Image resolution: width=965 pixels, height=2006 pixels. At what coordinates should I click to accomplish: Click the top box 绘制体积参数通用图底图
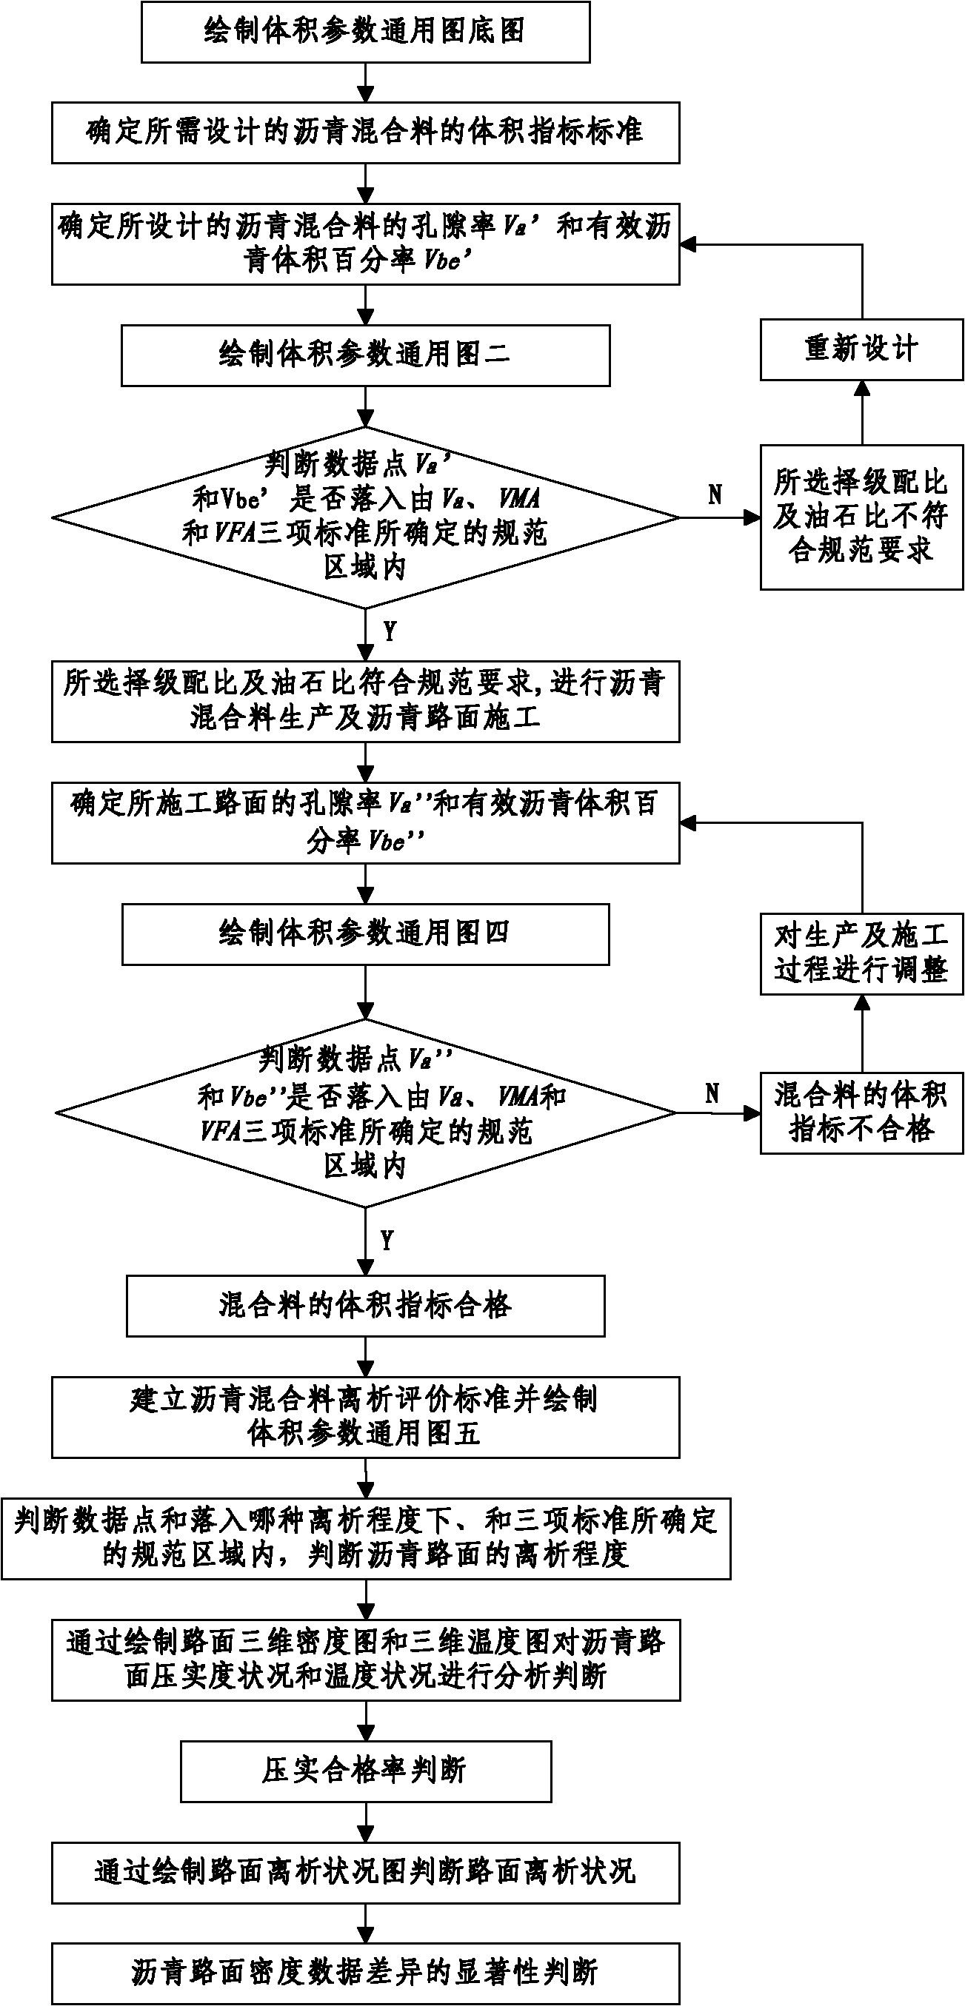365,32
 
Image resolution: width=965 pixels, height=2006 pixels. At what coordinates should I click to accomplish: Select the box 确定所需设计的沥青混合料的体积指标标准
365,132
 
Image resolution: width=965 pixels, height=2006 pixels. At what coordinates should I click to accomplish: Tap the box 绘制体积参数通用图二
365,356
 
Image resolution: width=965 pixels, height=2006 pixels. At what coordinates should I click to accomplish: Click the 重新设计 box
861,349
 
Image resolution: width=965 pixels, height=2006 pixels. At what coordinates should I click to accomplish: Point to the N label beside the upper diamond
715,495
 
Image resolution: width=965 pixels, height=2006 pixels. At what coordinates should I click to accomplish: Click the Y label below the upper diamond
390,631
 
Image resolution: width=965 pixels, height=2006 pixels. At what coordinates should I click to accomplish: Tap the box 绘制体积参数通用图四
365,933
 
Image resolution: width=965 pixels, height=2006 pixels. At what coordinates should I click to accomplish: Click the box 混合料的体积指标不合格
861,1113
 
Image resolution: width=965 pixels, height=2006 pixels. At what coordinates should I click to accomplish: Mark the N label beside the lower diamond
712,1094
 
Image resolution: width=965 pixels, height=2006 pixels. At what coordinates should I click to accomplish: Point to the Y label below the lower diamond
387,1241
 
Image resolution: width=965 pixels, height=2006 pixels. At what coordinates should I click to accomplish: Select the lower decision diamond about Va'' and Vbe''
365,1113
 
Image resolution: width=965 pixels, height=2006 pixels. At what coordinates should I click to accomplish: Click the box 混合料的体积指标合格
365,1306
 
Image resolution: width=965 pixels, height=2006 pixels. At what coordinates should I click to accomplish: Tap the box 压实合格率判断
365,1771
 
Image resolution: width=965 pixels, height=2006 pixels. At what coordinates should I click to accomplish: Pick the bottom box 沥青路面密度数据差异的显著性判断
365,1973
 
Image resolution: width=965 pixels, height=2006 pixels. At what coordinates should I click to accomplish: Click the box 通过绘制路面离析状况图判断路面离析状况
365,1873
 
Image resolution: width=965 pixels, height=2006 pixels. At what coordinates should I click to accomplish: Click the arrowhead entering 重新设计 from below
861,388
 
